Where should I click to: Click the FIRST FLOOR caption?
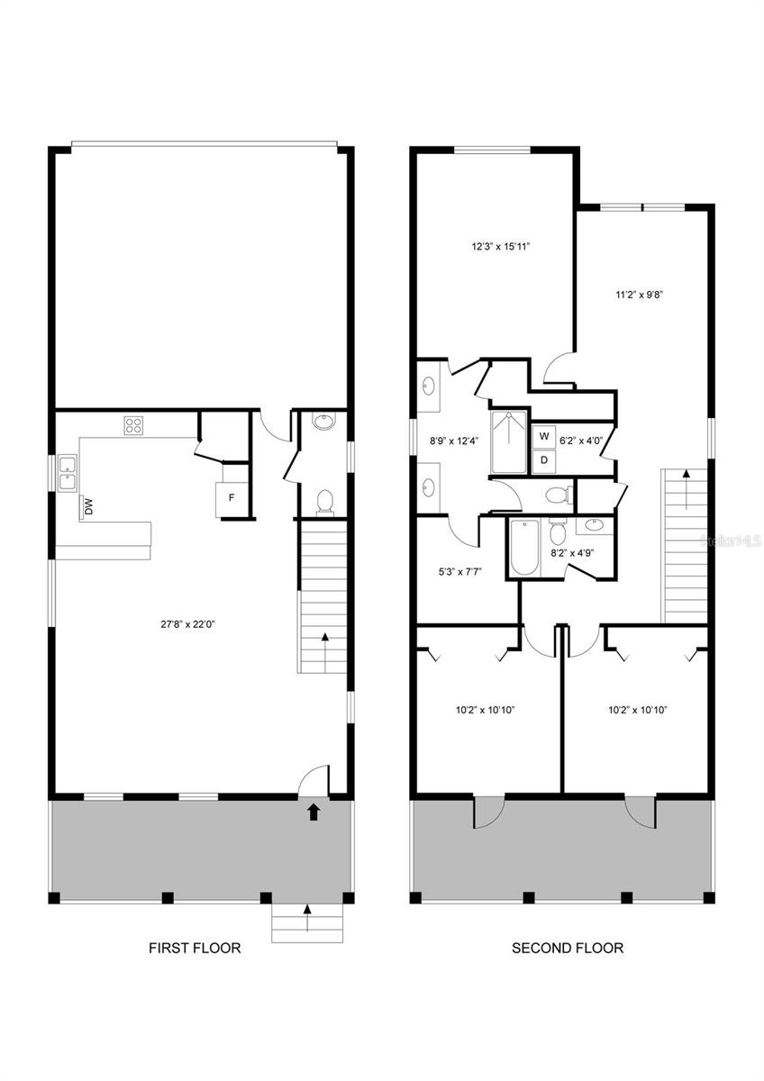pos(195,948)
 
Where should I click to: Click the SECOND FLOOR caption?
pos(568,948)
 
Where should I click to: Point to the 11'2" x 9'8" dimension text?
pos(640,294)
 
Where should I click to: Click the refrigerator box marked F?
pos(231,497)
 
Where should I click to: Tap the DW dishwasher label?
pos(88,507)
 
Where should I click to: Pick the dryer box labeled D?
pos(543,459)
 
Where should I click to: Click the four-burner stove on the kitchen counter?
pos(135,425)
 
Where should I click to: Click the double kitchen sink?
pos(68,473)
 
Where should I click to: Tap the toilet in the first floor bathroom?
pos(324,500)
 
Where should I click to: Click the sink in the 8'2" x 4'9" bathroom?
pos(595,526)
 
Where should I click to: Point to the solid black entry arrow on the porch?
pos(314,813)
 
